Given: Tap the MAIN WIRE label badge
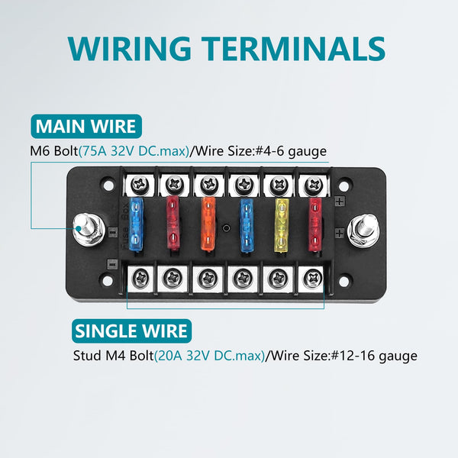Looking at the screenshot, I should coord(85,126).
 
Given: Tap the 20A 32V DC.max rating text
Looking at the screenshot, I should coord(209,356).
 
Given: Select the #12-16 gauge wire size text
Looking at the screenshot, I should coord(373,356).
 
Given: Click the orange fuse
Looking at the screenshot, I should coord(207,227).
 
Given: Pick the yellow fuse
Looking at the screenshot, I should coord(282,227).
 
